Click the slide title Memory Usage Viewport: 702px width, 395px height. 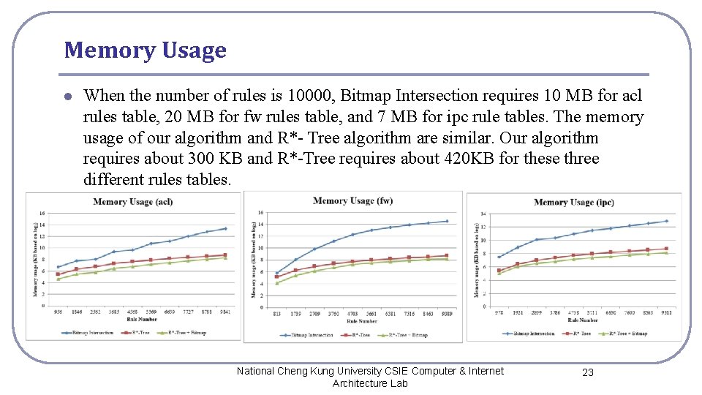tap(145, 50)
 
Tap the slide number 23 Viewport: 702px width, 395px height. tap(587, 372)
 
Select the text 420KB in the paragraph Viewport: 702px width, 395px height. tap(469, 159)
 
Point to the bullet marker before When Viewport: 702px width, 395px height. tap(67, 97)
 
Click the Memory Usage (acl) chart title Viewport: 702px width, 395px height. tap(133, 201)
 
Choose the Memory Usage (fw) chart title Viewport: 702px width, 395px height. tap(352, 200)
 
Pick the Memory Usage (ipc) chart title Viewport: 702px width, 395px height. tap(573, 203)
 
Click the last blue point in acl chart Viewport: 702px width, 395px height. tap(225, 229)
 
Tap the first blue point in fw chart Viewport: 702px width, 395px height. tap(276, 274)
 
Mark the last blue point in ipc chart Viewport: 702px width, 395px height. tap(666, 221)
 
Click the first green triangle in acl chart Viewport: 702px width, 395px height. tap(58, 279)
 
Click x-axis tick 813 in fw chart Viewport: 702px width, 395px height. tap(276, 315)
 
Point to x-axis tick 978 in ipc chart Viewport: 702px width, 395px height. tap(499, 312)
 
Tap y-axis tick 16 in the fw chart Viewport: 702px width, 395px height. tap(260, 213)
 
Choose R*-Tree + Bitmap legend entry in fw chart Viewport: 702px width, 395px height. tap(407, 335)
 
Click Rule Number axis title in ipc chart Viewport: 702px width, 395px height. tap(582, 320)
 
